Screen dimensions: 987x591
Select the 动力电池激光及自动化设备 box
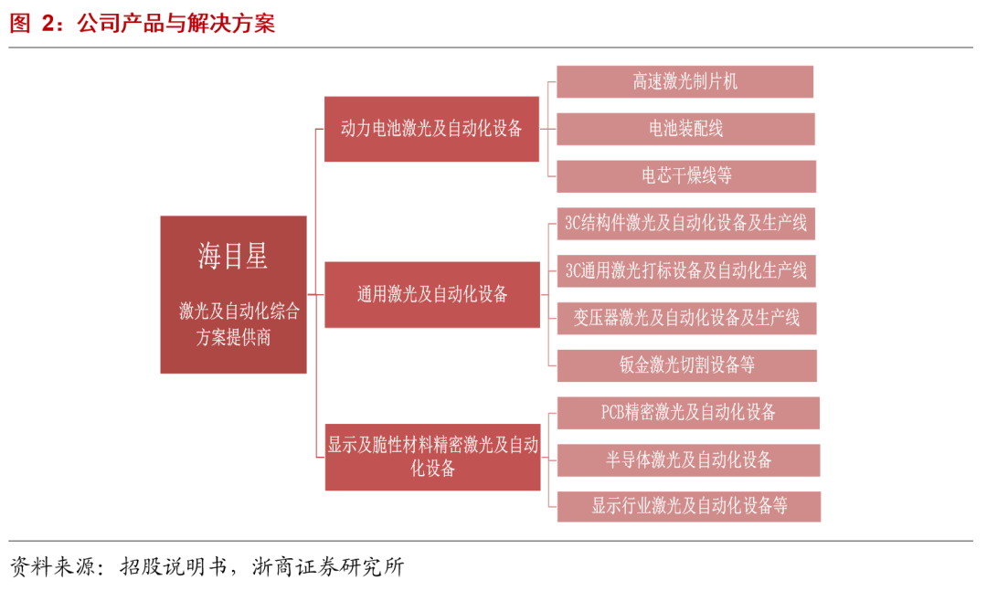[431, 129]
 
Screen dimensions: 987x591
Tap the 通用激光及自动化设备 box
[431, 294]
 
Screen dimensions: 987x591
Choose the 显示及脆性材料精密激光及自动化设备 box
[432, 457]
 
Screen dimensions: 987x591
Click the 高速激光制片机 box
[685, 81]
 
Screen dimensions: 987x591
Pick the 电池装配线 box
[685, 129]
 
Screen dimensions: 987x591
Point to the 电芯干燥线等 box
[685, 175]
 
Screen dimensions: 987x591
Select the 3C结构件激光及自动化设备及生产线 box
[685, 223]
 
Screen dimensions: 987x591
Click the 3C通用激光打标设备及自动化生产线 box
[685, 270]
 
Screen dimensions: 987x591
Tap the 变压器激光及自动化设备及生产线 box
[685, 318]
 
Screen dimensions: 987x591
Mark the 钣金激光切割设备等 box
[685, 365]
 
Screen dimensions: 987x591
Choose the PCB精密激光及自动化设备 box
[687, 412]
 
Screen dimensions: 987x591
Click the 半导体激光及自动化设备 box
[687, 459]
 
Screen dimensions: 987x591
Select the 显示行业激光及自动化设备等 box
[688, 506]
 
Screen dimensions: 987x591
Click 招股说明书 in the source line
[171, 566]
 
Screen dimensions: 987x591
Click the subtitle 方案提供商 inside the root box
[233, 337]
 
